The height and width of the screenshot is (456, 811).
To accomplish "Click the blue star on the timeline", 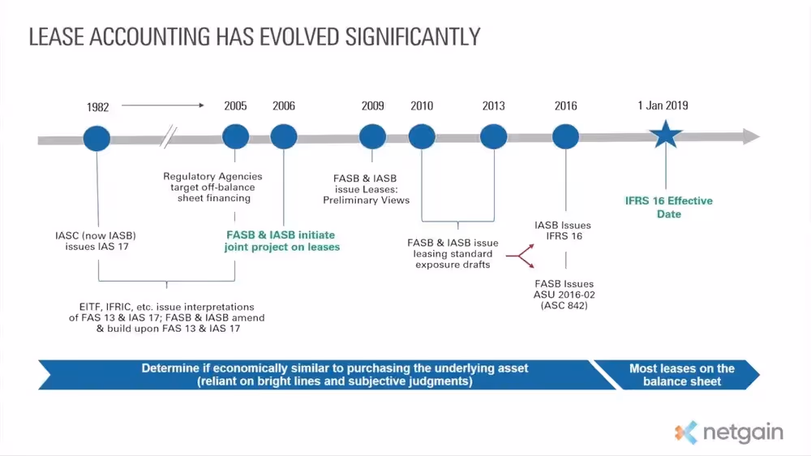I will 666,136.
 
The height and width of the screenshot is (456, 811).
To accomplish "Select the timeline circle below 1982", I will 97,136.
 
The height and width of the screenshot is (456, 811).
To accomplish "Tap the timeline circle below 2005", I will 235,136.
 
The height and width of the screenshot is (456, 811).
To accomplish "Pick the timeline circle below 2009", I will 372,136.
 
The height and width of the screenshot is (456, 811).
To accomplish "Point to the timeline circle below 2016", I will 565,136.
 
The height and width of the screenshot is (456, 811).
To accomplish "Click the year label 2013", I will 493,106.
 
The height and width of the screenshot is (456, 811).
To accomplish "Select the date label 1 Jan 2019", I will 663,105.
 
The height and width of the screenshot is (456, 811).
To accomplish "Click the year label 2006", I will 284,106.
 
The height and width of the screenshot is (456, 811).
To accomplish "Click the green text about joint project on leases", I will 282,240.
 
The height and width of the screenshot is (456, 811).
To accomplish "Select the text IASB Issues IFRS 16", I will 563,230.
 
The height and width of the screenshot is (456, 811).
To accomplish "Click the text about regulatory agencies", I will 212,187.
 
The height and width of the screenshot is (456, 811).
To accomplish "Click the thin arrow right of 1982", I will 162,105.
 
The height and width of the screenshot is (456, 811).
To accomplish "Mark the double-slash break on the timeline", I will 169,137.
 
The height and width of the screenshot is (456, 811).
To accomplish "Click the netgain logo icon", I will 685,432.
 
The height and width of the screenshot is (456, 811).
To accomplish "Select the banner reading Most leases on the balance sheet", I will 680,374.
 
